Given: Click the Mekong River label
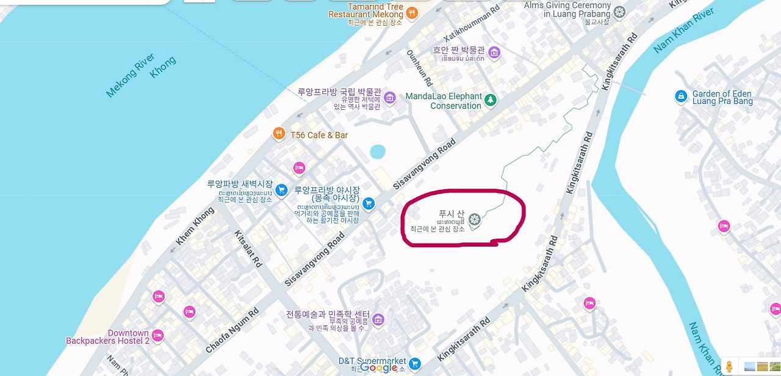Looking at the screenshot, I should [131, 75].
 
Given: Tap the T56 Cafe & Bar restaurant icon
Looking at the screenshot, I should [279, 134].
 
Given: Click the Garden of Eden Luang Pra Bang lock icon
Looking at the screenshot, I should [681, 96].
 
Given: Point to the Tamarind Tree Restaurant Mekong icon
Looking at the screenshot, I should [412, 12].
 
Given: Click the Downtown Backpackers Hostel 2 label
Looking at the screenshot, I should [108, 337].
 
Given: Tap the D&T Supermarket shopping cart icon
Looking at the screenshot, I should [415, 364].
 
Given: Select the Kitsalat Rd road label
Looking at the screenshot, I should [248, 249].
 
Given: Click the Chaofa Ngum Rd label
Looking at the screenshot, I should [232, 330].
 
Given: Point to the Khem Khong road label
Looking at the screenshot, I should [195, 226].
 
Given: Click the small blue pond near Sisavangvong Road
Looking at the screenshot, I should [378, 151].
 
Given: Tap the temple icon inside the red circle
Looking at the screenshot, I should [473, 219].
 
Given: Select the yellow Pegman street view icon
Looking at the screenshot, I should [729, 366].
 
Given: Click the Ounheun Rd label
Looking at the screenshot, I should [420, 67].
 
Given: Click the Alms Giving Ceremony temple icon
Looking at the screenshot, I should [620, 12].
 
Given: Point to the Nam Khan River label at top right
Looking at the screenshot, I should [683, 31].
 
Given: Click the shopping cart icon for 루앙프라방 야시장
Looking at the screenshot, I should [368, 203].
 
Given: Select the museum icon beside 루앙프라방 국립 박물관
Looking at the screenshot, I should [390, 97].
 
